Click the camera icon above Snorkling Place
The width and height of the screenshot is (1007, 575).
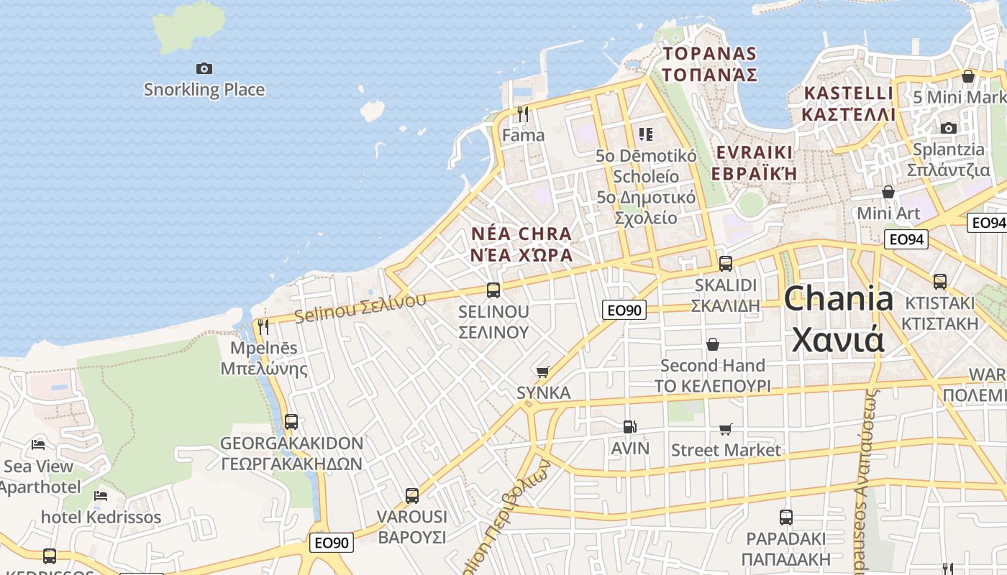point(204,68)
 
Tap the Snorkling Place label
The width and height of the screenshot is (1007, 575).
point(204,90)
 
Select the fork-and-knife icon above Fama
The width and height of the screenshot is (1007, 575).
point(523,114)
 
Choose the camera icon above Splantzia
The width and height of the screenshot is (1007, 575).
point(949,128)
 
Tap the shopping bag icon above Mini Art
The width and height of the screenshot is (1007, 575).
point(888,192)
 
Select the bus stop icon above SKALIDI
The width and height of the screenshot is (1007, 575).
point(725,263)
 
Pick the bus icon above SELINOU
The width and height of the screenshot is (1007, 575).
point(493,290)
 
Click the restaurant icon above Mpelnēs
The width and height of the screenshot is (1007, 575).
point(263,326)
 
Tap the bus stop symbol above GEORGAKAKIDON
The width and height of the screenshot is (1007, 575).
point(291,421)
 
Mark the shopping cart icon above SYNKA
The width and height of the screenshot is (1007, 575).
point(543,372)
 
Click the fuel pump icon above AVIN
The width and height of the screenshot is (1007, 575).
point(629,427)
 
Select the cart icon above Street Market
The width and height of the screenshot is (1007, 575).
point(726,429)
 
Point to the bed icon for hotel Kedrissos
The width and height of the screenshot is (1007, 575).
point(101,496)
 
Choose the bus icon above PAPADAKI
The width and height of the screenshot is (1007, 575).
point(786,517)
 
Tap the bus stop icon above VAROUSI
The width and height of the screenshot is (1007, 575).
point(411,495)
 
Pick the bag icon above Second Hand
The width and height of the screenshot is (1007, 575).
point(712,344)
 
